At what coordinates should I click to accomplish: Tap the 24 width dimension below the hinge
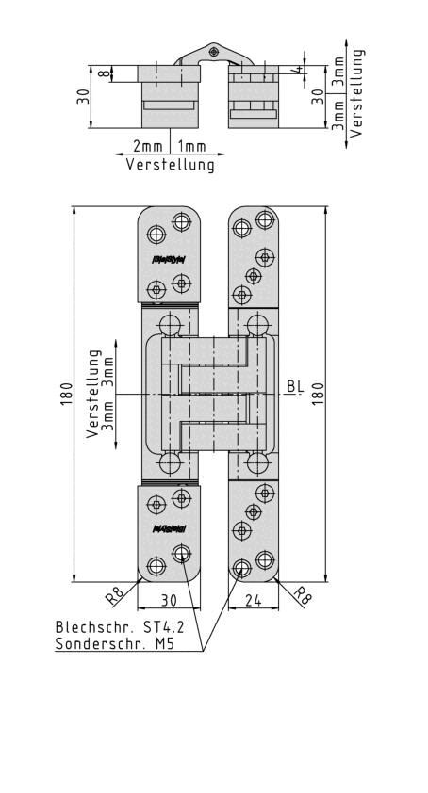pyautogui.click(x=254, y=600)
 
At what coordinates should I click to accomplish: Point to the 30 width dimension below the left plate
pyautogui.click(x=167, y=600)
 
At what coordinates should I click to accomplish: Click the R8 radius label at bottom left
pyautogui.click(x=114, y=595)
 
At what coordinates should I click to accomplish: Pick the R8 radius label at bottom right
pyautogui.click(x=303, y=595)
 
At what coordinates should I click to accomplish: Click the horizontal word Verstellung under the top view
pyautogui.click(x=170, y=165)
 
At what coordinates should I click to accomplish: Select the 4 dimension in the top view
pyautogui.click(x=296, y=70)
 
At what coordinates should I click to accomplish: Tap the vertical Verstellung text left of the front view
pyautogui.click(x=94, y=394)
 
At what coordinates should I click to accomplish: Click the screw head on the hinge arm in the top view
pyautogui.click(x=215, y=50)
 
